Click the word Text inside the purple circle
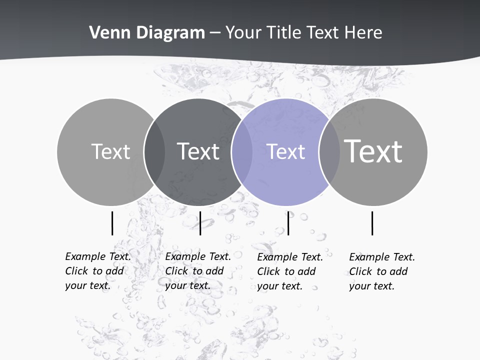[286, 151]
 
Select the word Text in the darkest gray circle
[198, 151]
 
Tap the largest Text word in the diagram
[373, 151]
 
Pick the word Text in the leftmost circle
[111, 151]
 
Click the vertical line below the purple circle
[288, 223]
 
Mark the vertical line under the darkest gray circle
[200, 223]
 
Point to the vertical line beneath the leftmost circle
[112, 223]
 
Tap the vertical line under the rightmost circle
[372, 223]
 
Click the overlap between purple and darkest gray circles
[241, 151]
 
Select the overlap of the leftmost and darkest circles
[154, 151]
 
